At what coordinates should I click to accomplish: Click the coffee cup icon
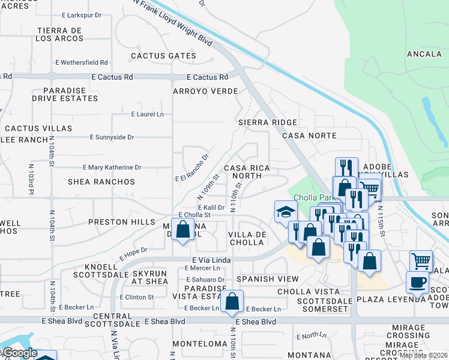pos(417,282)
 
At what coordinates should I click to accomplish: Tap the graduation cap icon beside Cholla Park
pos(286,211)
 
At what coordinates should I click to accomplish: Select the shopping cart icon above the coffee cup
pos(421,261)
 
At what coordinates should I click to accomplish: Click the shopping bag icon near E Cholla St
pos(182,229)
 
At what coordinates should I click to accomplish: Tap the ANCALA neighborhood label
pos(424,53)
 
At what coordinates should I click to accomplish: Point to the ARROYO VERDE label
pos(205,91)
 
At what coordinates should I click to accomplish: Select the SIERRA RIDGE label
pos(267,122)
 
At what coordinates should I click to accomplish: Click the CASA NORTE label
pos(309,136)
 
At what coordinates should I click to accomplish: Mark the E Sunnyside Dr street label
pos(112,137)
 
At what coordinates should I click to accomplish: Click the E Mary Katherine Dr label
pos(112,167)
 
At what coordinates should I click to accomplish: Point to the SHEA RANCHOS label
pos(101,181)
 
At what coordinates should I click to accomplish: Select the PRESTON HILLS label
pos(117,221)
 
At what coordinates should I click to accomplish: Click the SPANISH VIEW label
pos(267,279)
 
